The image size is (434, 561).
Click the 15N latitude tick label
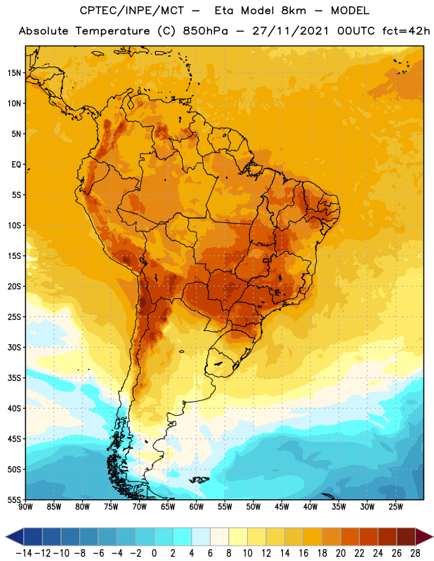point(14,73)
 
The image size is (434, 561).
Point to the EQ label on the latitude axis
point(16,165)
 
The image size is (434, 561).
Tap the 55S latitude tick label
point(14,499)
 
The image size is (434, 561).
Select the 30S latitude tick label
point(14,347)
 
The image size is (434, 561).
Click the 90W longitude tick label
point(25,507)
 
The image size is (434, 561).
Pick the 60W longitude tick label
point(197,507)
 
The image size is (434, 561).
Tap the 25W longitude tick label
point(395,507)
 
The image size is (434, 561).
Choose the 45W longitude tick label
point(282,507)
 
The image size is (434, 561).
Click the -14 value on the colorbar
point(24,553)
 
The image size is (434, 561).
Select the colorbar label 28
point(415,553)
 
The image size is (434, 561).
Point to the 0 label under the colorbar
point(154,553)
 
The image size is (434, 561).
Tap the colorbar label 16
point(303,553)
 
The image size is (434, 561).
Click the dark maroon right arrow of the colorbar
point(424,536)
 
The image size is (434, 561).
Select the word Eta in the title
point(224,11)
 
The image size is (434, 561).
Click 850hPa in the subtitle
point(205,31)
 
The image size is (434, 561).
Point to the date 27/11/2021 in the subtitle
point(290,31)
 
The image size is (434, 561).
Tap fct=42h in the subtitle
point(406,31)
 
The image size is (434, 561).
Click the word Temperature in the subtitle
point(112,31)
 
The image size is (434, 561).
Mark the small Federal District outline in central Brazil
point(265,260)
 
